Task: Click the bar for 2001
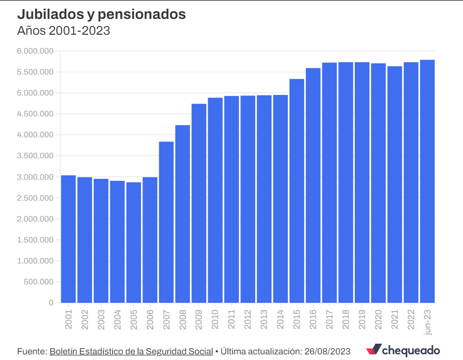pyautogui.click(x=68, y=239)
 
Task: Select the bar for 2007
pyautogui.click(x=166, y=222)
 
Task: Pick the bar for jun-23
pyautogui.click(x=428, y=181)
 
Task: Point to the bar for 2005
pyautogui.click(x=134, y=243)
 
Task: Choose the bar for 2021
pyautogui.click(x=395, y=184)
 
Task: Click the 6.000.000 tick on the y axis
pyautogui.click(x=35, y=51)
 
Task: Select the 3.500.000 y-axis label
pyautogui.click(x=35, y=156)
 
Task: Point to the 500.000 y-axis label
pyautogui.click(x=38, y=281)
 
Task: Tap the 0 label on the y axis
pyautogui.click(x=51, y=302)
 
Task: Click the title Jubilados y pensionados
pyautogui.click(x=101, y=14)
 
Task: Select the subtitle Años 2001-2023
pyautogui.click(x=64, y=31)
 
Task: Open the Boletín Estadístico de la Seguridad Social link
pyautogui.click(x=131, y=351)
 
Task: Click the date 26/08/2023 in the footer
pyautogui.click(x=327, y=351)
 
